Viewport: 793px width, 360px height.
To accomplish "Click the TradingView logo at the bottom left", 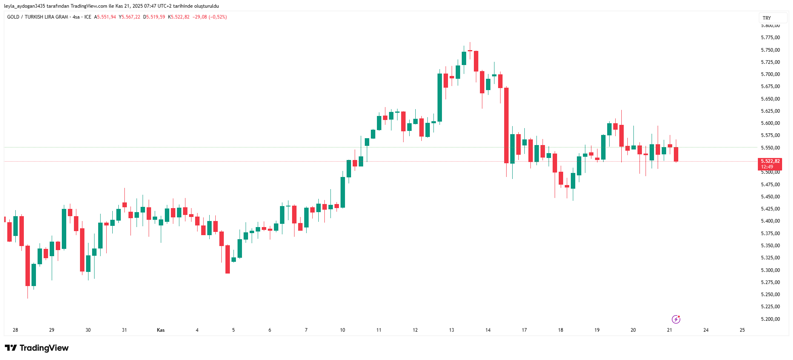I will pos(37,348).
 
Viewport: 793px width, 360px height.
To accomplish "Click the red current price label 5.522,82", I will pos(770,161).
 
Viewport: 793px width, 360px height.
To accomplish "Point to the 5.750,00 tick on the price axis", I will pos(770,50).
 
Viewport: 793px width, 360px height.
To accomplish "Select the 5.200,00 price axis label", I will pos(770,319).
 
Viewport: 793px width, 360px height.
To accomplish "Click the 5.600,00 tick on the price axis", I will pos(770,123).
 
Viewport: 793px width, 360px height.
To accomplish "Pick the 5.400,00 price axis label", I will pos(770,221).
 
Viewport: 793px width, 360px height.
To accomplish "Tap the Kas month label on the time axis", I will pos(161,330).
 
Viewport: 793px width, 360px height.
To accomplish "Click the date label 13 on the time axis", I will pos(451,330).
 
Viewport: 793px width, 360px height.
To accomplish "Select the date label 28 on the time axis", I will pos(15,330).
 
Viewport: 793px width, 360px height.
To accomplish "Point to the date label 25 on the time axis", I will pos(742,330).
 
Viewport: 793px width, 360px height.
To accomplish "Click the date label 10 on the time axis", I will pos(342,330).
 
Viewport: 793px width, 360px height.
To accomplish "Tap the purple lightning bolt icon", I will pos(676,320).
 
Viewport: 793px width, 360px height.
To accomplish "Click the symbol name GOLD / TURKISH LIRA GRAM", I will pos(38,17).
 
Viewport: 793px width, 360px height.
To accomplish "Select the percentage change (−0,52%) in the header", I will pos(218,17).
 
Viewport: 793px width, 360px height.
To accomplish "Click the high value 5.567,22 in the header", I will pos(131,17).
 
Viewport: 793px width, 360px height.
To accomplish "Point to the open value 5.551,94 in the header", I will pos(106,17).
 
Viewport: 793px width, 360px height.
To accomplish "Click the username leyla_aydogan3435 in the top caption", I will pos(25,6).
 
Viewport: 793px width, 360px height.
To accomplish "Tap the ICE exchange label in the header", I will pos(88,17).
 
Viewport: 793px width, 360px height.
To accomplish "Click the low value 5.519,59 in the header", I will pos(156,17).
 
